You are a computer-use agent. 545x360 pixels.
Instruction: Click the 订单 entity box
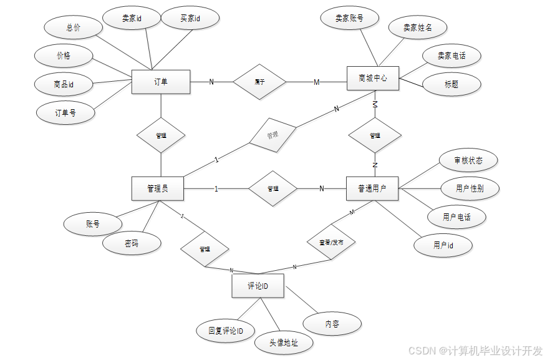(160, 82)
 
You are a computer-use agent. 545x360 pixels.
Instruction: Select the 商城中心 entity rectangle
(372, 79)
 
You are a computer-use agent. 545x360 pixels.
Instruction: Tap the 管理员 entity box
(157, 188)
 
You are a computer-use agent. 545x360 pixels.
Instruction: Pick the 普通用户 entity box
(372, 188)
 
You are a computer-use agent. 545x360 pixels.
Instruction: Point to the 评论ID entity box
(258, 286)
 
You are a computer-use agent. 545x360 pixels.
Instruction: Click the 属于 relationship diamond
(259, 82)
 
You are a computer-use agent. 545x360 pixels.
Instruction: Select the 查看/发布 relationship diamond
(331, 241)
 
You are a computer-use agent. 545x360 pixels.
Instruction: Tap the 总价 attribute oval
(74, 28)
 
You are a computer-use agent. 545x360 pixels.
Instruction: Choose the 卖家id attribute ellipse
(132, 19)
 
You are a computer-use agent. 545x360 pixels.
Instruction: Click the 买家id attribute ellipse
(190, 19)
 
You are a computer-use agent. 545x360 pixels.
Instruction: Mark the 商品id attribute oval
(64, 84)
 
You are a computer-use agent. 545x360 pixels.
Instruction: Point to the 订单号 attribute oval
(65, 113)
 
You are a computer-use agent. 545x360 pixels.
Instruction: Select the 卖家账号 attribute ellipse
(349, 19)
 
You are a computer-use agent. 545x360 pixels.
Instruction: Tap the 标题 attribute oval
(451, 84)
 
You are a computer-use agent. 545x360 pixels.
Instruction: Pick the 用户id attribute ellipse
(443, 245)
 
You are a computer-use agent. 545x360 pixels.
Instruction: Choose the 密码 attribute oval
(132, 243)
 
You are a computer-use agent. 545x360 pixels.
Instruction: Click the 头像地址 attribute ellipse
(284, 342)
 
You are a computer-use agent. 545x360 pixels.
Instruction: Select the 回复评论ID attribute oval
(226, 330)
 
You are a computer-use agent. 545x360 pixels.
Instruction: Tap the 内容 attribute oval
(332, 324)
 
